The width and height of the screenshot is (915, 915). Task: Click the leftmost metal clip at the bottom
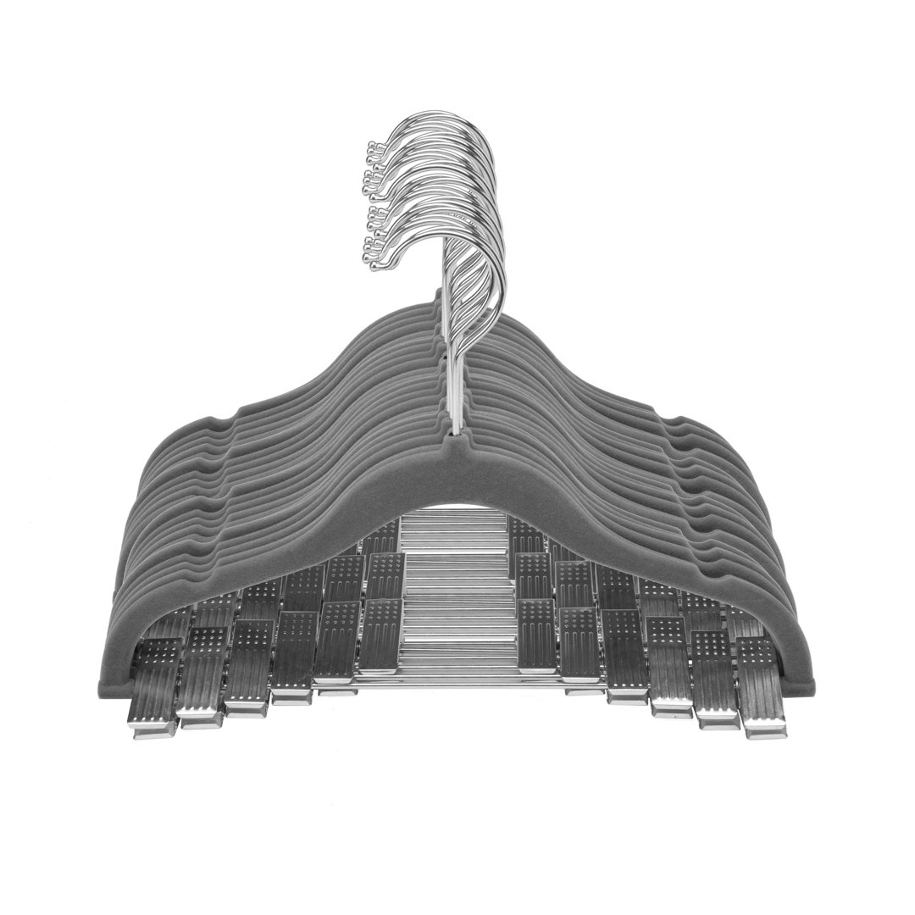click(155, 686)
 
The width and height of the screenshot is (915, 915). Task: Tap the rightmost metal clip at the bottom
click(760, 686)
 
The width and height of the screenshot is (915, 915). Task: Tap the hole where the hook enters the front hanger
click(459, 436)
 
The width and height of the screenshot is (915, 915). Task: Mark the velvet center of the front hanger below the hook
click(459, 474)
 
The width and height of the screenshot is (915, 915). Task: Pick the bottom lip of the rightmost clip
click(765, 729)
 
